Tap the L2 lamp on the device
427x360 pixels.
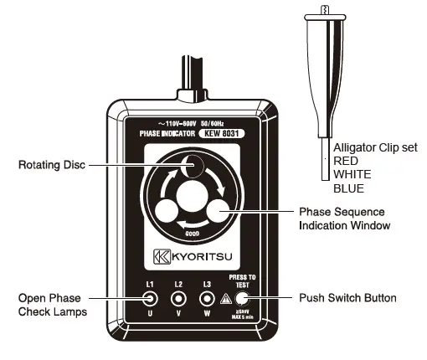(x=178, y=298)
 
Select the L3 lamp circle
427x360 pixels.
(x=206, y=298)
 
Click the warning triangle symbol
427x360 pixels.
(x=224, y=299)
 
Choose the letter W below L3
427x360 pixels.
(x=206, y=316)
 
